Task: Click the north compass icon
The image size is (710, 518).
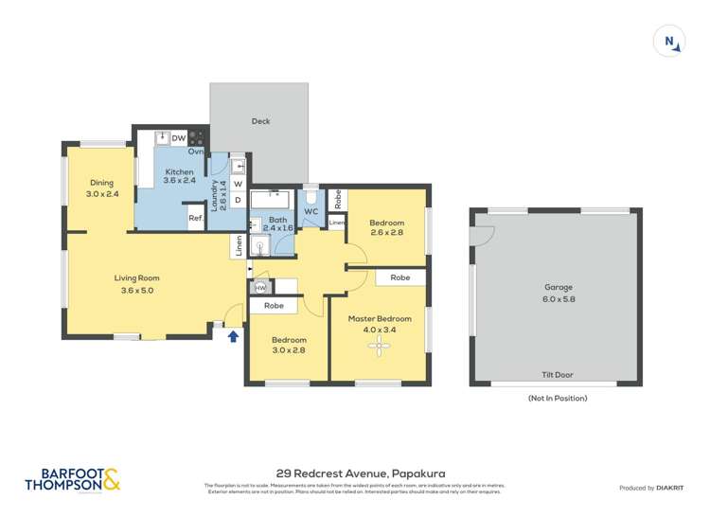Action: pos(669,42)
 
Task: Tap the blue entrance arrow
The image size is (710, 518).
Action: pos(233,335)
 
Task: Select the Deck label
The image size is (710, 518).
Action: pos(260,121)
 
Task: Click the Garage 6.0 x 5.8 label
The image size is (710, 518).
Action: pos(559,293)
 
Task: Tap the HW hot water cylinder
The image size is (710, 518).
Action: pos(260,287)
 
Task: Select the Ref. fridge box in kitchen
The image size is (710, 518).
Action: pos(196,219)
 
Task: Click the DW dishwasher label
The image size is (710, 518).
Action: pos(178,138)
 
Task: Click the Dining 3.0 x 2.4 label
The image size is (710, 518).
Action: pos(101,188)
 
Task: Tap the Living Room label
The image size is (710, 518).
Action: pos(137,284)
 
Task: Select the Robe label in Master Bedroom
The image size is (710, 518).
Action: pos(399,278)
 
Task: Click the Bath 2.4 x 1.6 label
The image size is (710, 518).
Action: pos(277,223)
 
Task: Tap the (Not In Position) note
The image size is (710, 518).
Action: pos(558,398)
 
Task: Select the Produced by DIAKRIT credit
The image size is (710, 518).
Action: pos(652,488)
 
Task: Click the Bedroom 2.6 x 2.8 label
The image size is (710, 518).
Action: pos(386,227)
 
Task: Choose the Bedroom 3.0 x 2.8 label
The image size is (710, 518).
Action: pos(289,345)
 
